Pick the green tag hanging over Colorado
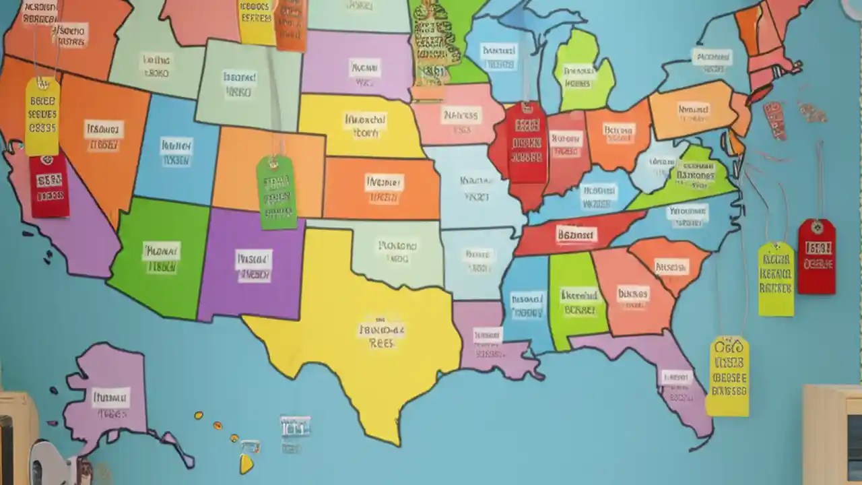(277, 192)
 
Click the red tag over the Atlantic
(816, 256)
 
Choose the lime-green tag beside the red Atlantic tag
(776, 280)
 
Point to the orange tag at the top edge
(291, 26)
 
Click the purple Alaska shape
(111, 397)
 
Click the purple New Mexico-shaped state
(253, 266)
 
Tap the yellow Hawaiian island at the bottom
(246, 463)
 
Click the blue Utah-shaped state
(176, 152)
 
